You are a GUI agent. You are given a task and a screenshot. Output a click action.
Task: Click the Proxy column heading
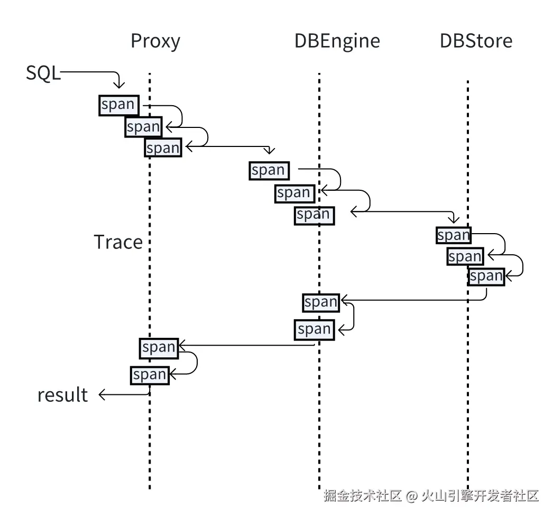click(155, 41)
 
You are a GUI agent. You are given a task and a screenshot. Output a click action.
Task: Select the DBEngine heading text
click(337, 41)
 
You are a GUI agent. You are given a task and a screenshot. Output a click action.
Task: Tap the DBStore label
click(476, 41)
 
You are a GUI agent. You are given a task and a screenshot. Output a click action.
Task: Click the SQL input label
click(43, 73)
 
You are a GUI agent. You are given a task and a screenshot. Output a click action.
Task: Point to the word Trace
click(118, 242)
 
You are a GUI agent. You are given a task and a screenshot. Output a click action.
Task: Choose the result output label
click(62, 395)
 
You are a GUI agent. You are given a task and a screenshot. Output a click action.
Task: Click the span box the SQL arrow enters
click(118, 105)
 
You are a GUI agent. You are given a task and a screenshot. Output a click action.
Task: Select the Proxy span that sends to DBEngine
click(163, 148)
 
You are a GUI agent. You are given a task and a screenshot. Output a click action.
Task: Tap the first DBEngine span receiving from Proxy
click(269, 170)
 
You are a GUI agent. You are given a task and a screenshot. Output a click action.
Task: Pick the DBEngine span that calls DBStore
click(314, 215)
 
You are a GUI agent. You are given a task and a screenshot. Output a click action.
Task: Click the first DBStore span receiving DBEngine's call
click(454, 235)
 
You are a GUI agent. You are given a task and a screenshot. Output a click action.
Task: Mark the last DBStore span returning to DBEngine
click(486, 276)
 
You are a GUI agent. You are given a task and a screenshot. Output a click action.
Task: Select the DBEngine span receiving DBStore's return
click(321, 302)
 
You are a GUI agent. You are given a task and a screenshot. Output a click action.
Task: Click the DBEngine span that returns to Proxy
click(314, 329)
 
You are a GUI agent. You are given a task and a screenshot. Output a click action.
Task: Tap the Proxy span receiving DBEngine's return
click(159, 347)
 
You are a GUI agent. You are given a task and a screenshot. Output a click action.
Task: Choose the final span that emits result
click(150, 375)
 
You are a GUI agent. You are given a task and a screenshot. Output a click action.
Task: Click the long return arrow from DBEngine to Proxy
click(248, 346)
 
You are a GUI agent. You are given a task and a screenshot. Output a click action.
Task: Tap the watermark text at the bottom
click(431, 496)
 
